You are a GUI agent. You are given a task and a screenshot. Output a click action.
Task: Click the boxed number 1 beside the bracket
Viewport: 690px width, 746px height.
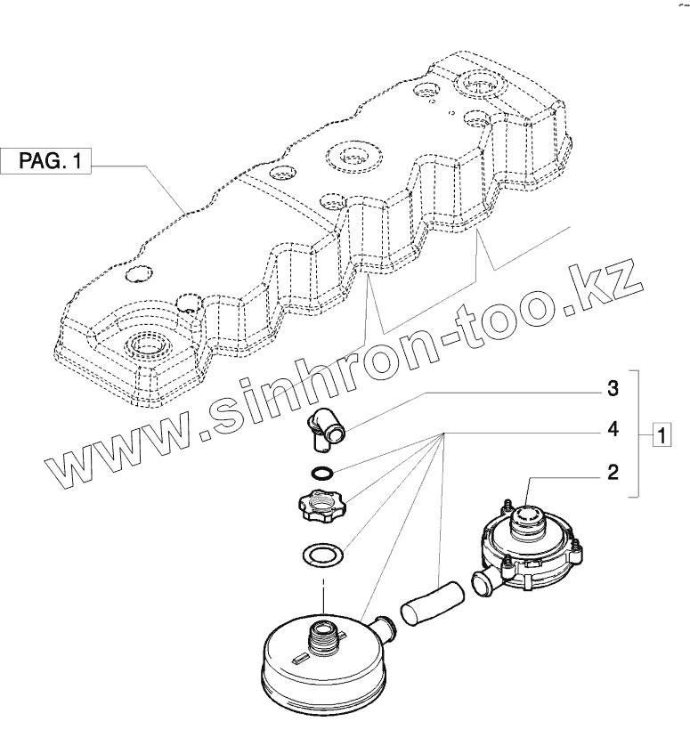pos(661,436)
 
